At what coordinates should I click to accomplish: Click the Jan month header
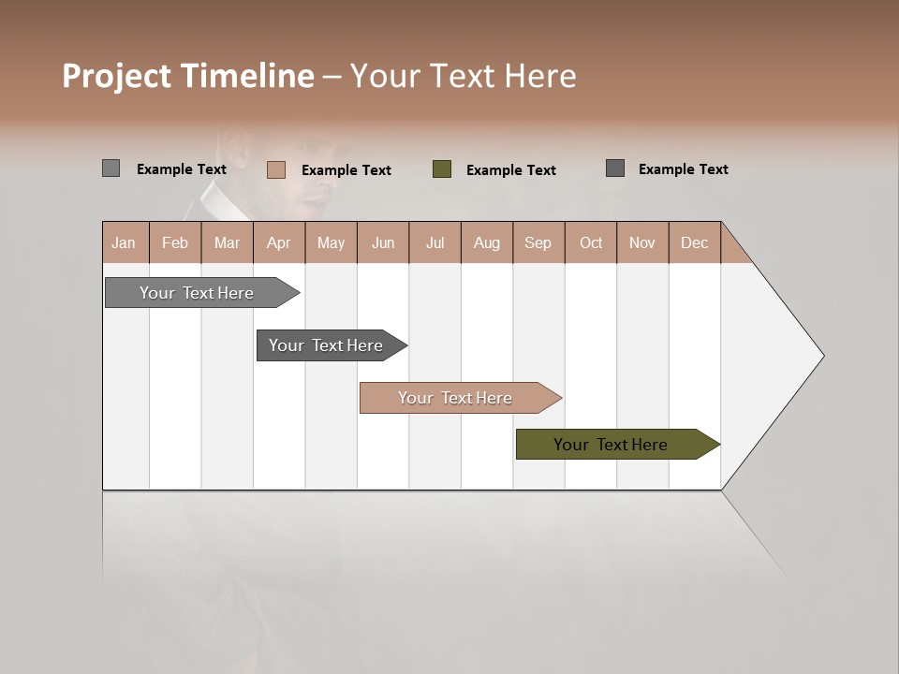pos(124,242)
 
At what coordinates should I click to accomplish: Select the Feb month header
pos(175,242)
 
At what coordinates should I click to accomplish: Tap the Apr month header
pos(278,242)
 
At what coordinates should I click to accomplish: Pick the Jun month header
pos(383,242)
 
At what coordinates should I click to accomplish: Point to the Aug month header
pos(486,242)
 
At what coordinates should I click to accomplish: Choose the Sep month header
pos(538,242)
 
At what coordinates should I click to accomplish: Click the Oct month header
pos(591,242)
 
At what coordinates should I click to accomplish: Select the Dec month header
pos(694,242)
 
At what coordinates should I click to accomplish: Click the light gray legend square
pos(111,168)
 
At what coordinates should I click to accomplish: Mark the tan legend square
pos(275,169)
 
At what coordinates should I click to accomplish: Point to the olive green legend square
pos(442,169)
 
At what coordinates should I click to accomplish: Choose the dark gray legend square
pos(615,168)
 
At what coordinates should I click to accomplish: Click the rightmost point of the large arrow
pos(822,356)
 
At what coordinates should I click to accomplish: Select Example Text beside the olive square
pos(511,170)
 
